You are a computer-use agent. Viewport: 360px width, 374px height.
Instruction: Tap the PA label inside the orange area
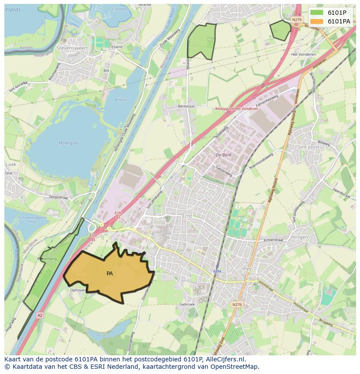[110, 274]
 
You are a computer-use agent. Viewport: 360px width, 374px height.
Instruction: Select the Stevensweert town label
[72, 48]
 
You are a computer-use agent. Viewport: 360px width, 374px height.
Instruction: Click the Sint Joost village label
[308, 147]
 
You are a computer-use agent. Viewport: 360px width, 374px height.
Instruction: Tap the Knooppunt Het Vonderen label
[237, 109]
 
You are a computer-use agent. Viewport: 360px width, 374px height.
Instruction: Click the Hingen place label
[300, 237]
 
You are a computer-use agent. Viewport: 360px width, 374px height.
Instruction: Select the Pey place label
[248, 269]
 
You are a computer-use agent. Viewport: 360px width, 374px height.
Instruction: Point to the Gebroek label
[187, 304]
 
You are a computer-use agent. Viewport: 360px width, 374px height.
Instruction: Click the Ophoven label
[78, 290]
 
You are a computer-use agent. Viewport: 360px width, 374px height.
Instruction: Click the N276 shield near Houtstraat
[237, 304]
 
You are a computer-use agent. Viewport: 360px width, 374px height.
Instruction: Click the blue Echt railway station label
[217, 271]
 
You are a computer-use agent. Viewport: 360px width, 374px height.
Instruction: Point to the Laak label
[10, 165]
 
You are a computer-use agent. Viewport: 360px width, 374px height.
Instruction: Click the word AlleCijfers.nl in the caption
[226, 360]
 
